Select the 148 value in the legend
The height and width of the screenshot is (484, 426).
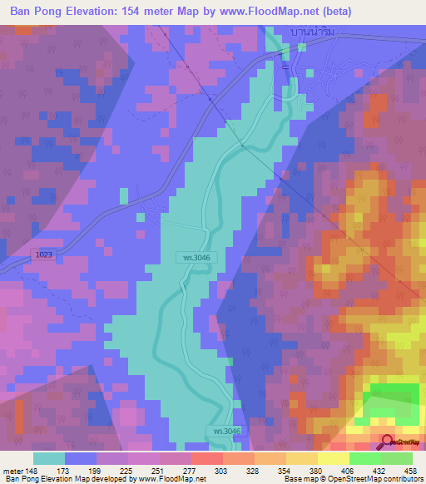coord(32,472)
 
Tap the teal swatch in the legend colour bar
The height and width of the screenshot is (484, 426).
coord(49,458)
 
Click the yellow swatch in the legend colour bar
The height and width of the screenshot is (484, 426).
coord(333,458)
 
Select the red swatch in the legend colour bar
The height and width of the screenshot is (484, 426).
coord(207,458)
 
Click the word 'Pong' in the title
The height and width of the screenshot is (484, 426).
coord(52,12)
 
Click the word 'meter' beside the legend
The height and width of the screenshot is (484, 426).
coord(13,472)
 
